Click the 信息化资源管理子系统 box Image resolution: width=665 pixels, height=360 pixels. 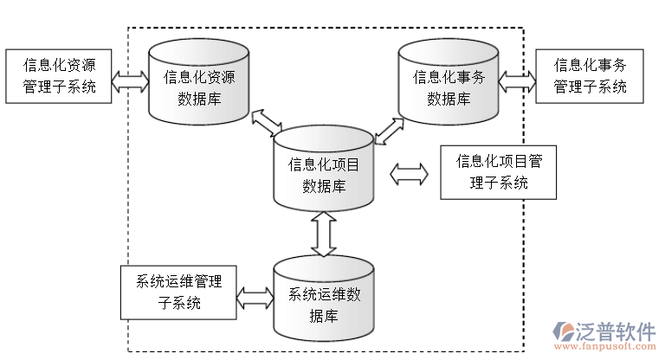pos(60,76)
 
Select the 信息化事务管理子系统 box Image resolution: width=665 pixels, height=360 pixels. pos(590,76)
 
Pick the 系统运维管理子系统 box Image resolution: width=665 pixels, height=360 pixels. pos(178,292)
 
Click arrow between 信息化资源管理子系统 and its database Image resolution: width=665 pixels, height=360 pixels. pos(131,83)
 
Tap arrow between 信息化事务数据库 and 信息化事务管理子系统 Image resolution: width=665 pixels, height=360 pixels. pos(518,81)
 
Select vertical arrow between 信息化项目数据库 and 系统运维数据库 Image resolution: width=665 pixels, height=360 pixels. pos(324,234)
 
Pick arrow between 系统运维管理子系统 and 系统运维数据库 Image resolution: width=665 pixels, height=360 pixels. pos(255,299)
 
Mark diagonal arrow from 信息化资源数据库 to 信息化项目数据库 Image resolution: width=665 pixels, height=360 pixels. pos(267,124)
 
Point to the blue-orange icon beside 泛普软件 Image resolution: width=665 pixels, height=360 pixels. pos(564,333)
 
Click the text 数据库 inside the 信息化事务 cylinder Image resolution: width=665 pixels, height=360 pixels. pos(449,98)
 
